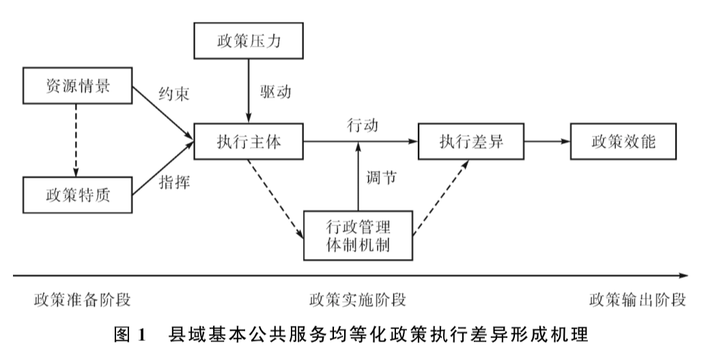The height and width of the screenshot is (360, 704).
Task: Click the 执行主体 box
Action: tap(249, 141)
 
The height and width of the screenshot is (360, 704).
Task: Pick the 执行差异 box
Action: tap(471, 141)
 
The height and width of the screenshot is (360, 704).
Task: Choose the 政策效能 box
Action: tap(623, 141)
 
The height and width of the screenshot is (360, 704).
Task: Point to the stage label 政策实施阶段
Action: tap(358, 300)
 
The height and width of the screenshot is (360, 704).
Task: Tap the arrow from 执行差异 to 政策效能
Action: tap(546, 141)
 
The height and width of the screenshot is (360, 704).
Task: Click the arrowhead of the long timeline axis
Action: tap(684, 275)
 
